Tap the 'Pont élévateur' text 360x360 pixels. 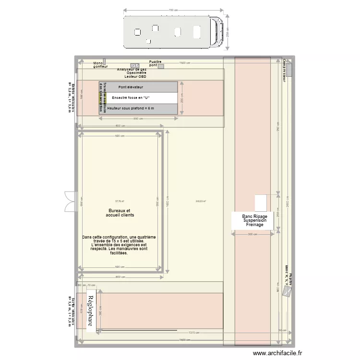pos(131,87)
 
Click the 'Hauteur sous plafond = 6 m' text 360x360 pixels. pos(131,108)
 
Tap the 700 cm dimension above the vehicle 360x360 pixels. pos(173,10)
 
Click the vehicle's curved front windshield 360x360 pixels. pos(218,32)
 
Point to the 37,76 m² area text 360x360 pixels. pos(120,201)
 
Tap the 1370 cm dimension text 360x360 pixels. pos(193,332)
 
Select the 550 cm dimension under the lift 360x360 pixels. pos(138,119)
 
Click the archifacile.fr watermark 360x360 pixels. pos(277,353)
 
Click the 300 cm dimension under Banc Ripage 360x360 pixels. pos(252,235)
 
